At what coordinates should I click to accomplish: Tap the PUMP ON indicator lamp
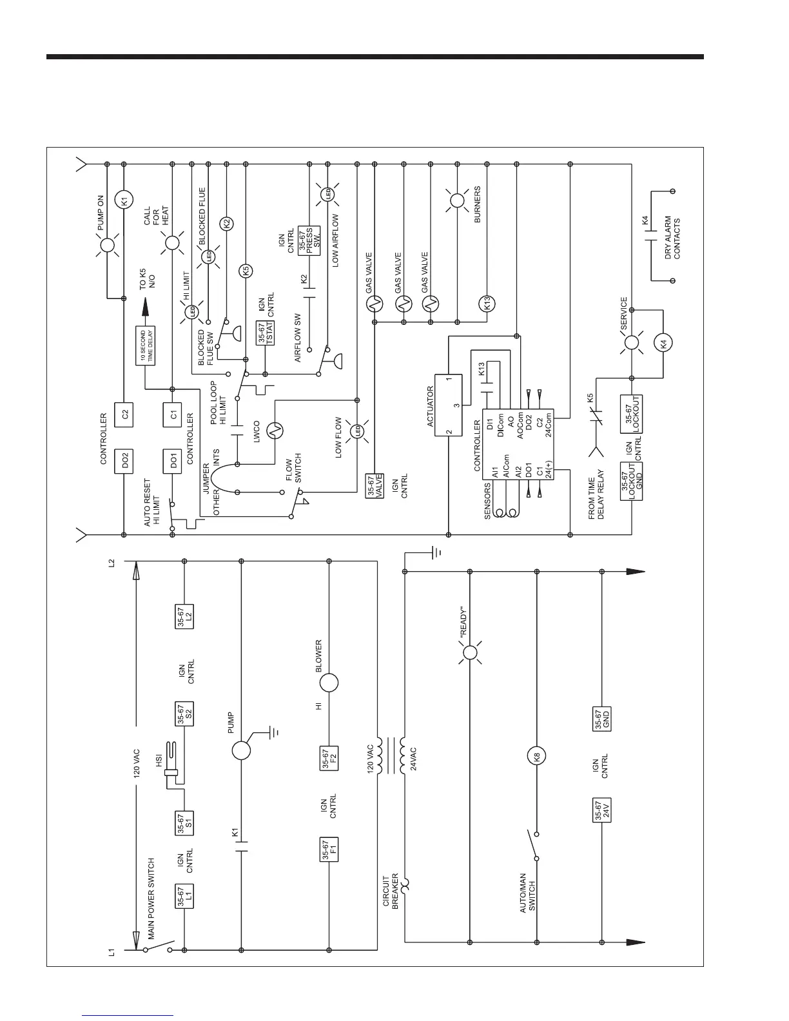pos(107,245)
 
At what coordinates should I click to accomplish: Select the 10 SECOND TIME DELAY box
pos(145,347)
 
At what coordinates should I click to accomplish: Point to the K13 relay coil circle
pos(487,303)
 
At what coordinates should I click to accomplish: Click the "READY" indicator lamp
pos(470,654)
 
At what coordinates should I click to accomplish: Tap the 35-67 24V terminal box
pos(601,810)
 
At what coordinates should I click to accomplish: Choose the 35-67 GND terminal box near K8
pos(601,719)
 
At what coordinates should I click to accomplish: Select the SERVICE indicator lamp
pos(631,344)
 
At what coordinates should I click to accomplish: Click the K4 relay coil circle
pos(663,344)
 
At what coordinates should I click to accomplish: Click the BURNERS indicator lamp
pos(456,200)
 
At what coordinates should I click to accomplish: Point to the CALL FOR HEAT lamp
pos(171,244)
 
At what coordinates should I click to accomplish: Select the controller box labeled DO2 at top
pos(124,460)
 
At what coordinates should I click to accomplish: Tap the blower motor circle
pos(329,683)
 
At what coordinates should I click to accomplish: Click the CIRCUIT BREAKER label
pos(391,891)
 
